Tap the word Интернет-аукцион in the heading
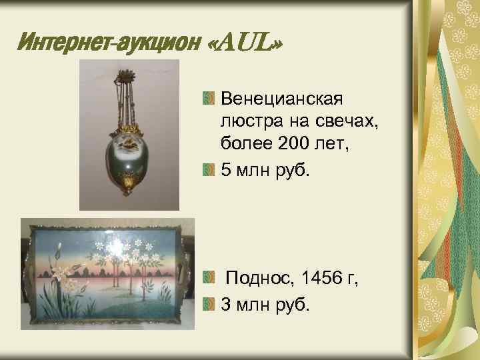107,45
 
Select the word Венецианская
281,100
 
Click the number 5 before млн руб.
225,170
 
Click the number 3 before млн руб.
225,305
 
